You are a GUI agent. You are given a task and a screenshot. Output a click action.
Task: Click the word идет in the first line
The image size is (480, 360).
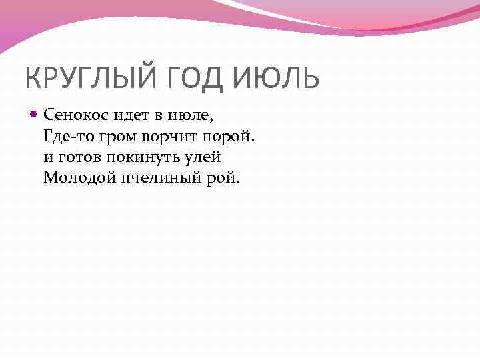(122, 116)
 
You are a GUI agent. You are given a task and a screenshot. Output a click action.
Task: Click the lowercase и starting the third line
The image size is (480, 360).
(47, 157)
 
